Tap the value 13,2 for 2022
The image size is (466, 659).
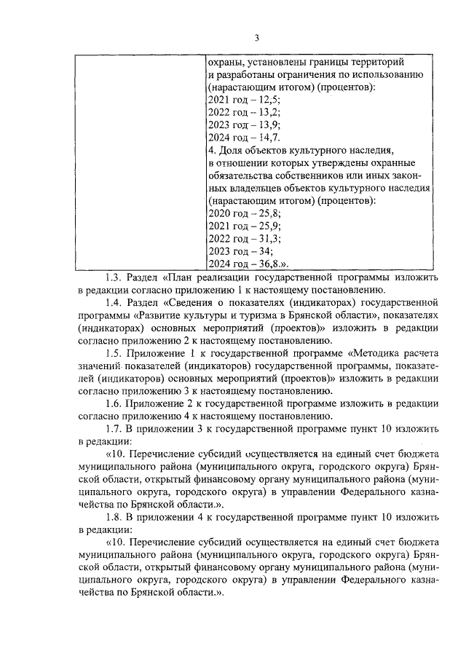pyautogui.click(x=269, y=113)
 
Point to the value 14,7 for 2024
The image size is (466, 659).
pyautogui.click(x=269, y=138)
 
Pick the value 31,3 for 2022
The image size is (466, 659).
pyautogui.click(x=269, y=238)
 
